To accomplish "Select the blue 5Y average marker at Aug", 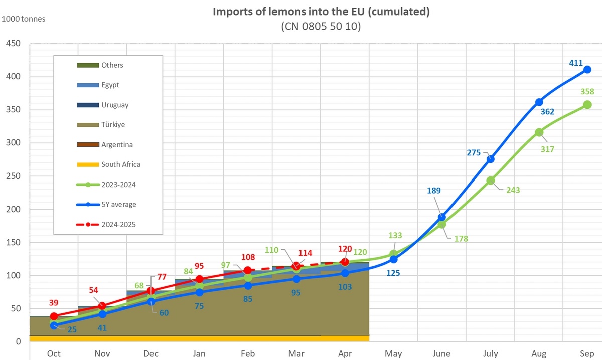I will point(539,102).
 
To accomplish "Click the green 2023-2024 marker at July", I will point(491,181).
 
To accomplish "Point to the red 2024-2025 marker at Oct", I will point(54,316).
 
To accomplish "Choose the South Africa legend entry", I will point(120,164).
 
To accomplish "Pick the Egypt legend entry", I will point(110,85).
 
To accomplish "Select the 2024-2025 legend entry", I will point(118,224).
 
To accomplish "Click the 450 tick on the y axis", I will point(13,44).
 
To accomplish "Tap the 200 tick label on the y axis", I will point(13,209).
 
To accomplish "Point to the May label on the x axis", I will point(393,353).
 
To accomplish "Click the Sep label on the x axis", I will point(587,353).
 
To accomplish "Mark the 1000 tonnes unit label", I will point(24,19).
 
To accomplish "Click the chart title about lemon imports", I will point(321,12).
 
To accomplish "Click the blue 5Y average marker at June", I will point(442,217).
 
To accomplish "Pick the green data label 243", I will point(513,190).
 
